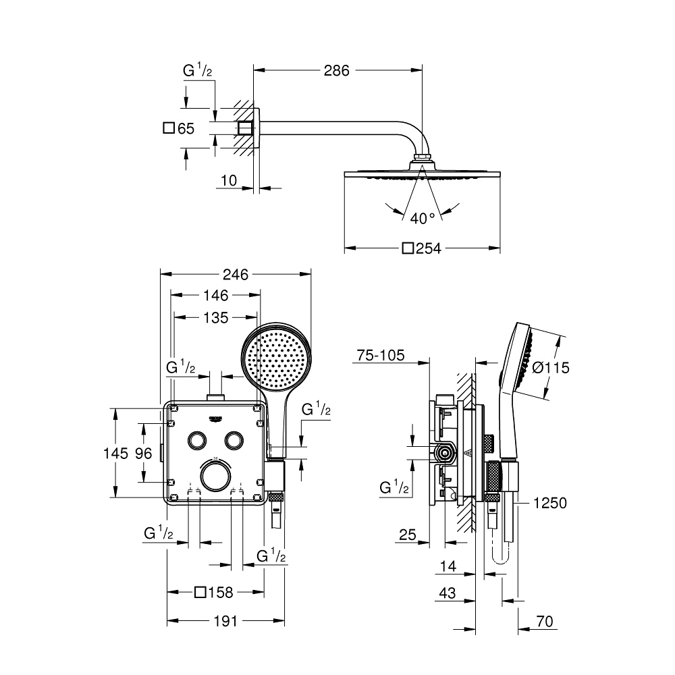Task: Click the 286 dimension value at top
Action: (x=336, y=70)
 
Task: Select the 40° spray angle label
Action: (x=423, y=218)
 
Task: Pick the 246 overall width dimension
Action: (x=235, y=274)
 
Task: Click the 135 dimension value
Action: (x=215, y=317)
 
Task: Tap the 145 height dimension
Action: (x=115, y=454)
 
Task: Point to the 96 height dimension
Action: (x=143, y=454)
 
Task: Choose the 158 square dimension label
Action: (x=214, y=593)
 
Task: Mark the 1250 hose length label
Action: (x=549, y=503)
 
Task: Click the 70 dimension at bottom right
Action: (x=545, y=622)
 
